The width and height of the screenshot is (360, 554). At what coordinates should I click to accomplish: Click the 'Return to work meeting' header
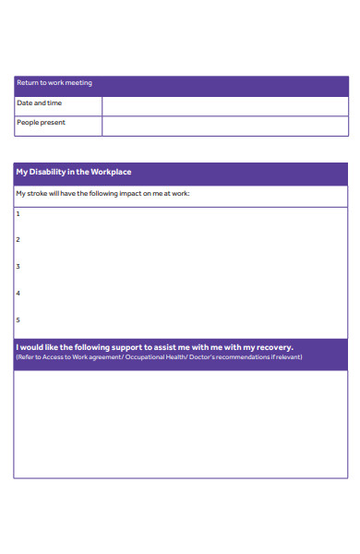(54, 83)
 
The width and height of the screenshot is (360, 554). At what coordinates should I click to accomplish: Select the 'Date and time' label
(40, 103)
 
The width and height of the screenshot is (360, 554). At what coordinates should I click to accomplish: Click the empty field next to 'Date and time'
(224, 104)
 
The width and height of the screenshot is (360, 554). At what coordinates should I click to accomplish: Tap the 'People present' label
(42, 123)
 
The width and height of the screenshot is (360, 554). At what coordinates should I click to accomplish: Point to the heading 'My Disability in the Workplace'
(74, 173)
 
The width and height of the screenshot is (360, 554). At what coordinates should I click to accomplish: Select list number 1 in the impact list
(18, 213)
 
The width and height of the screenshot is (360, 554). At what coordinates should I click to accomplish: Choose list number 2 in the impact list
(18, 240)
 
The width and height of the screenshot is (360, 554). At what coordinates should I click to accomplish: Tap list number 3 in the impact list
(18, 267)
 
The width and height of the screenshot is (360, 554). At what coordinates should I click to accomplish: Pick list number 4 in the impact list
(18, 294)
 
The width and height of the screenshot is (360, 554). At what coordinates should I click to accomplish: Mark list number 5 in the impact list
(18, 320)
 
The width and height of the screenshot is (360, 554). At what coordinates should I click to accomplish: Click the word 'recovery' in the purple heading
(274, 347)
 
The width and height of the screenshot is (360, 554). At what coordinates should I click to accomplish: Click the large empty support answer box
(180, 423)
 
